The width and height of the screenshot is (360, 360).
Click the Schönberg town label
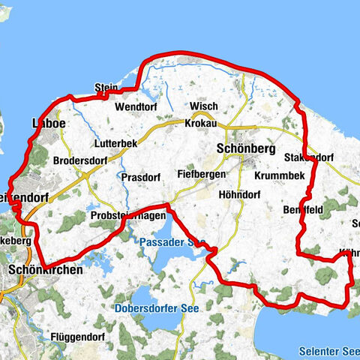tap(245, 148)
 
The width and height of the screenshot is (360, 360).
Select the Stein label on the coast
tap(106, 88)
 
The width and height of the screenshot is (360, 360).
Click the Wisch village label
tap(204, 106)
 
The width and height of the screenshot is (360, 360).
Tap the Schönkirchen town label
tap(46, 268)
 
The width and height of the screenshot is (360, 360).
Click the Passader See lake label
tap(172, 242)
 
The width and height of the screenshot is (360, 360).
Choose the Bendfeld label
tap(304, 210)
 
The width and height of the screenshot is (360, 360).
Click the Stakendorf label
tap(309, 157)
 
